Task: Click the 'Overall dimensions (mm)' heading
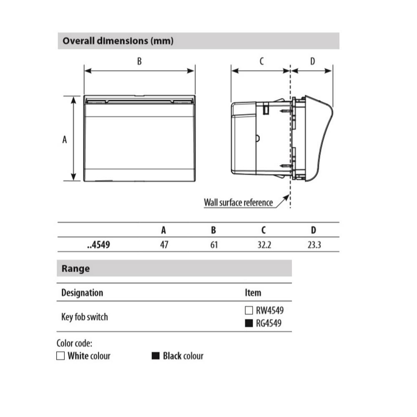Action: pyautogui.click(x=118, y=41)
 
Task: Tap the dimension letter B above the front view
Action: pyautogui.click(x=139, y=61)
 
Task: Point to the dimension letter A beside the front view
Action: pyautogui.click(x=64, y=140)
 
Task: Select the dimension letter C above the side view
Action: pyautogui.click(x=262, y=61)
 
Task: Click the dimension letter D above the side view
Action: pyautogui.click(x=313, y=61)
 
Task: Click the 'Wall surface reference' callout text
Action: pyautogui.click(x=238, y=203)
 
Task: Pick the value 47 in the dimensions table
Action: pyautogui.click(x=164, y=245)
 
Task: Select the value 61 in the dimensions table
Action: pyautogui.click(x=214, y=245)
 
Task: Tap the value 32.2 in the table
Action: pyautogui.click(x=264, y=245)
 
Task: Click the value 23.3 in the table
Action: pyautogui.click(x=314, y=245)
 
